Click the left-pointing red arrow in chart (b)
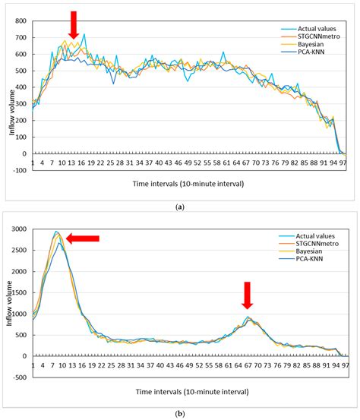(x=83, y=238)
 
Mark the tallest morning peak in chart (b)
(x=56, y=232)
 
